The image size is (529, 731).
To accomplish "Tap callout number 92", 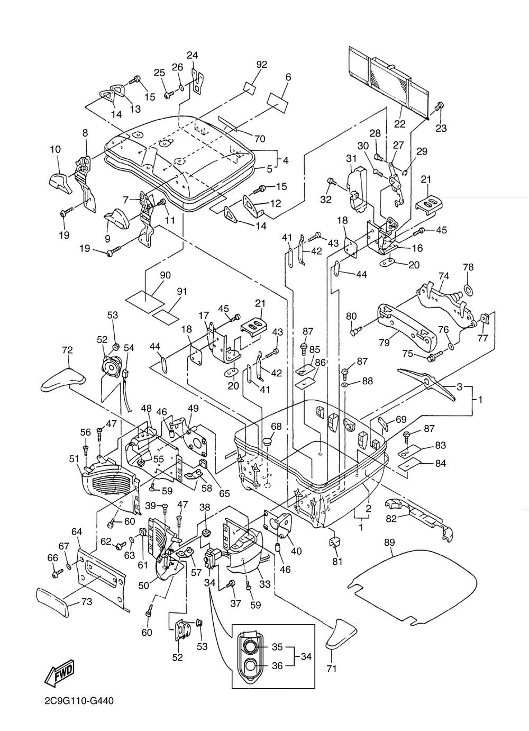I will coord(262,65).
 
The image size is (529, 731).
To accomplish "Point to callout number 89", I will coord(389,542).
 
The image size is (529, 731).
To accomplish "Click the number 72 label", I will coord(67,350).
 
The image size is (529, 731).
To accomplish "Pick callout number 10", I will coord(56,149).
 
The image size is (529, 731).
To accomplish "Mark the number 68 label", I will coord(276,426).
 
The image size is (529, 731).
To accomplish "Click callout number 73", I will coord(86,601).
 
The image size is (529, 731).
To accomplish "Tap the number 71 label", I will coord(332,669).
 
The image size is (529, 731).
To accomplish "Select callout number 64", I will coord(77,531).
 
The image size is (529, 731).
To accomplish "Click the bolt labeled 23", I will coord(440,107).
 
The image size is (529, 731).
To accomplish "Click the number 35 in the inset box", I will coord(277,647).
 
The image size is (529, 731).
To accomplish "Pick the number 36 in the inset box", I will coord(277,666).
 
